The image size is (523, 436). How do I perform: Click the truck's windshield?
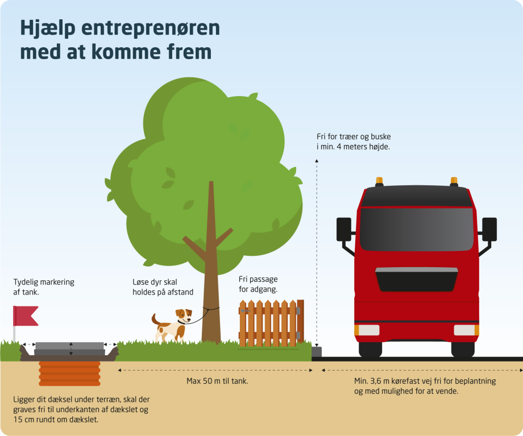click(417, 229)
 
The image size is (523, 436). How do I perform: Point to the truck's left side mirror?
click(344, 229)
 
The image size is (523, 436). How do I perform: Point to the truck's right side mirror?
click(489, 229)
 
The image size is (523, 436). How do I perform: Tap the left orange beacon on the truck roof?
click(379, 181)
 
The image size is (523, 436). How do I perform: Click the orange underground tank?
click(69, 373)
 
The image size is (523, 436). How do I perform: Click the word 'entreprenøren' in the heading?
click(150, 28)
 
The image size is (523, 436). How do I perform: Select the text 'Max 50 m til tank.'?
click(217, 381)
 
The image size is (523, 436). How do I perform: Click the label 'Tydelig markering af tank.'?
click(44, 287)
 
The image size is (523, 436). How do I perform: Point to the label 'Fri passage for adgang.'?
click(259, 284)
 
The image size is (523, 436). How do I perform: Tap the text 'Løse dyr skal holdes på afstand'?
click(163, 287)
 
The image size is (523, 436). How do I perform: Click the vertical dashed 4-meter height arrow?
click(317, 250)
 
